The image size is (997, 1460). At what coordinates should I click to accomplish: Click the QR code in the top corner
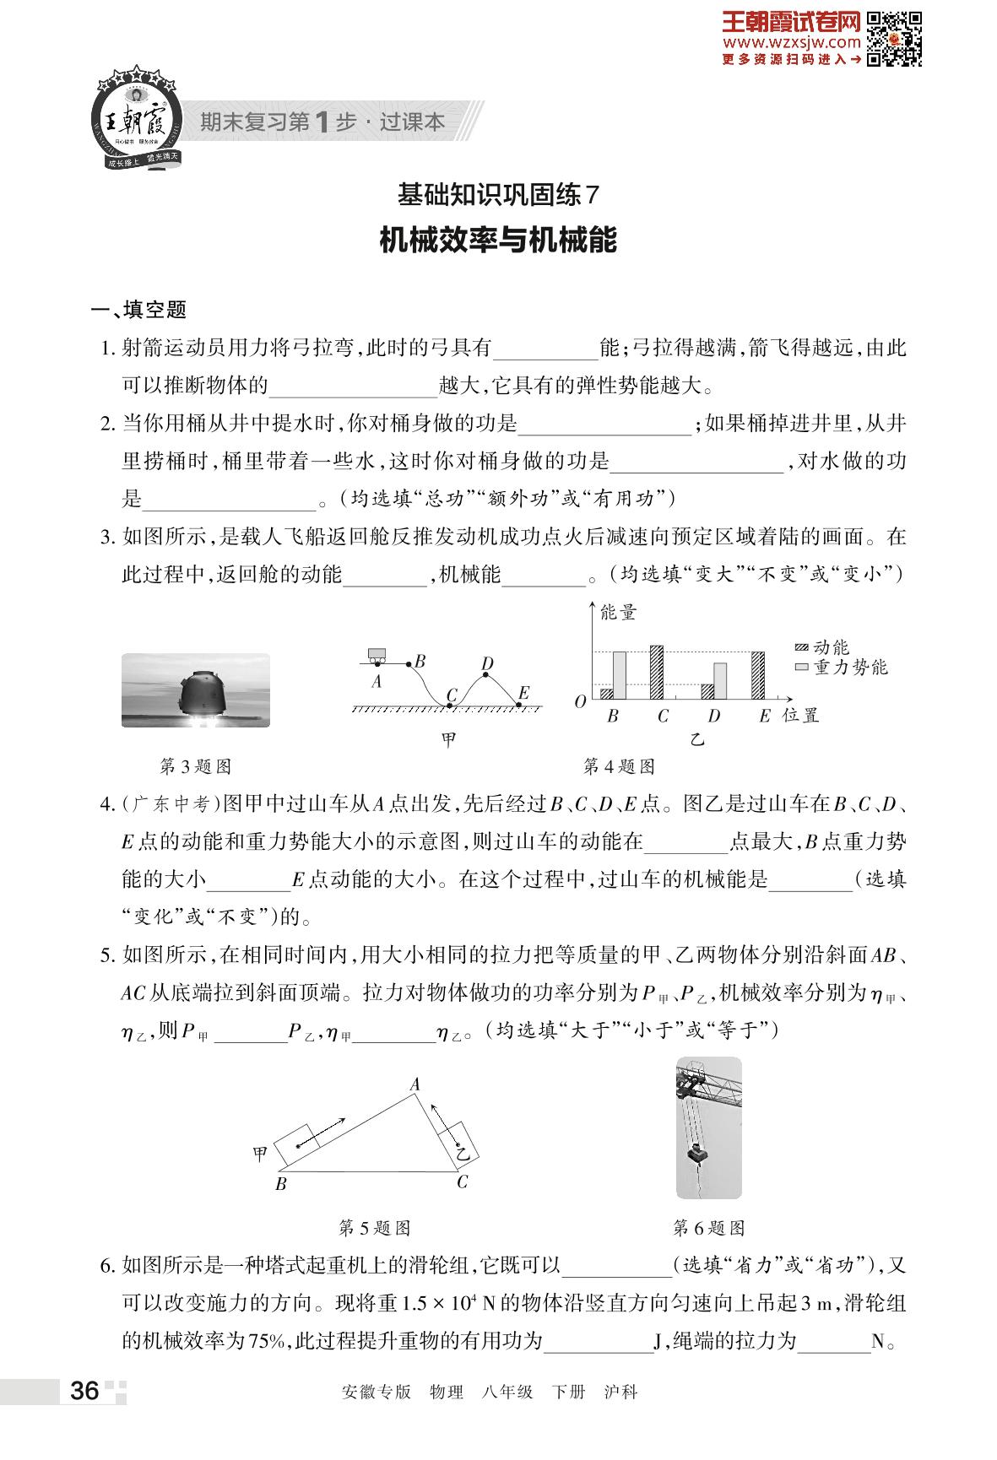point(894,38)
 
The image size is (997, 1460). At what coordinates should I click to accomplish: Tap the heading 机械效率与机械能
point(498,240)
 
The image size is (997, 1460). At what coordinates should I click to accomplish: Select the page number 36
point(84,1390)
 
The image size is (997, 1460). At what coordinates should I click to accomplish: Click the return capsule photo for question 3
point(196,689)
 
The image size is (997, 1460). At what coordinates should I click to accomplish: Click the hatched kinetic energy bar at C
point(656,672)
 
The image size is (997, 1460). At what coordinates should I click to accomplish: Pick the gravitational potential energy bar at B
point(619,675)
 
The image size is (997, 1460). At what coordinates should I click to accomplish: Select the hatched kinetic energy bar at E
point(757,675)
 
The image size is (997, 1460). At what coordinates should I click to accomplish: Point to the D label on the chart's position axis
point(714,716)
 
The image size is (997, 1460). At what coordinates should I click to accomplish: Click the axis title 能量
point(617,614)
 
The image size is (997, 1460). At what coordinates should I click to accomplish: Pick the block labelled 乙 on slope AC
point(460,1144)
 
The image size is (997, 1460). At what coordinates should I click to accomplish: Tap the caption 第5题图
point(374,1228)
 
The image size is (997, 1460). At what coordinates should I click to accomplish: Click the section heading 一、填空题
point(139,310)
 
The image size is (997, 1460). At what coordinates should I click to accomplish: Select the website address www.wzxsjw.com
point(791,41)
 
